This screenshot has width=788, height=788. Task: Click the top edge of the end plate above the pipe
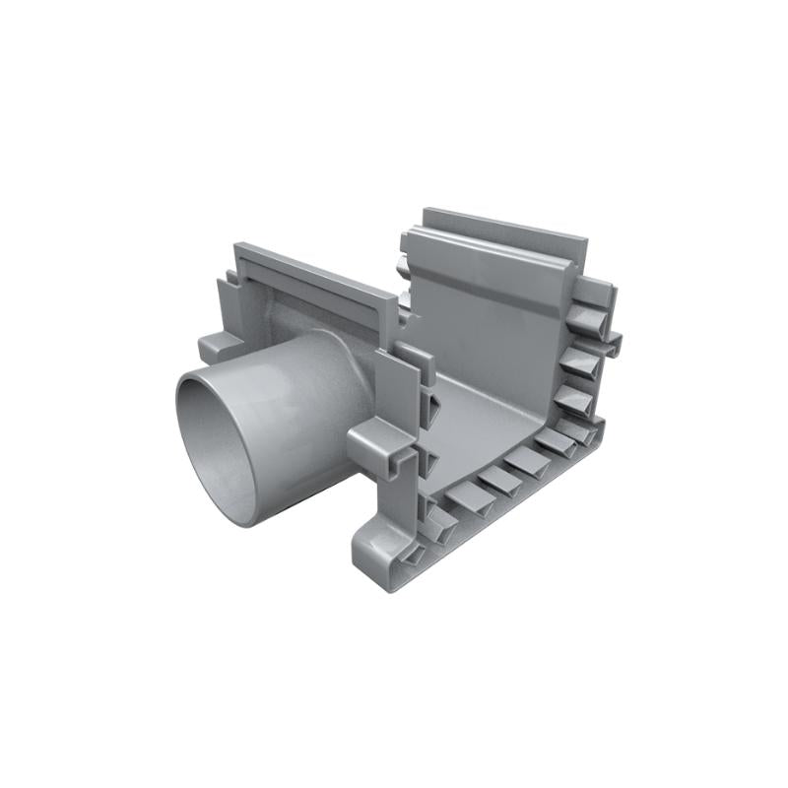pyautogui.click(x=315, y=272)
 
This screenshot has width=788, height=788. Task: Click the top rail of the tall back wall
pyautogui.click(x=502, y=231)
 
